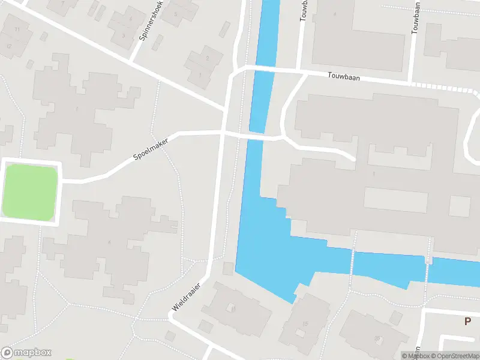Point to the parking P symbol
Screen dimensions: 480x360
coord(467,321)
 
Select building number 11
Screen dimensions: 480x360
coord(17,29)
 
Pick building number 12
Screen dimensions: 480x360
coord(9,46)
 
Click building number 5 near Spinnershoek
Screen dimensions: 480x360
coord(176,14)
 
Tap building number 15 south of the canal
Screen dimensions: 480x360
coord(305,324)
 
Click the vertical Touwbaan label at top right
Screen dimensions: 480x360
coord(415,17)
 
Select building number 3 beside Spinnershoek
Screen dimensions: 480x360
coord(124,35)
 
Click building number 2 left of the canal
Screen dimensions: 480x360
coord(208,58)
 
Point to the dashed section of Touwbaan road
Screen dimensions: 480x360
coord(444,88)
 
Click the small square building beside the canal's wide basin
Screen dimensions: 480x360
coord(227,268)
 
